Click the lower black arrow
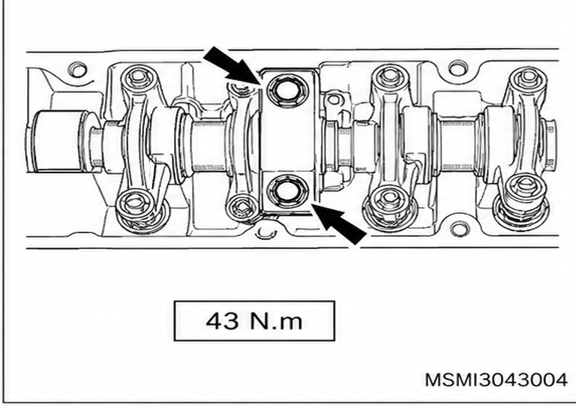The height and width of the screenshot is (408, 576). pyautogui.click(x=339, y=223)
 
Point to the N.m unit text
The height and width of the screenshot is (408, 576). pyautogui.click(x=276, y=321)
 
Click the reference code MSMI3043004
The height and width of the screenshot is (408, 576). pyautogui.click(x=496, y=379)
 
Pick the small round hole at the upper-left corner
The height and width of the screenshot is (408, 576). pyautogui.click(x=77, y=69)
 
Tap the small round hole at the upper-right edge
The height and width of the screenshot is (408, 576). pyautogui.click(x=457, y=68)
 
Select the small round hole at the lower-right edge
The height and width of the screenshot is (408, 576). pyautogui.click(x=458, y=229)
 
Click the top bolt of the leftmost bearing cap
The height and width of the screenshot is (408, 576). pyautogui.click(x=138, y=78)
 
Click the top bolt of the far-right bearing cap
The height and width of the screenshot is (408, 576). pyautogui.click(x=528, y=78)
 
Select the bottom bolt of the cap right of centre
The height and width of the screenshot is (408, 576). pyautogui.click(x=389, y=202)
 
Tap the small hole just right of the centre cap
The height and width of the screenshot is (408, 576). pyautogui.click(x=333, y=99)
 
